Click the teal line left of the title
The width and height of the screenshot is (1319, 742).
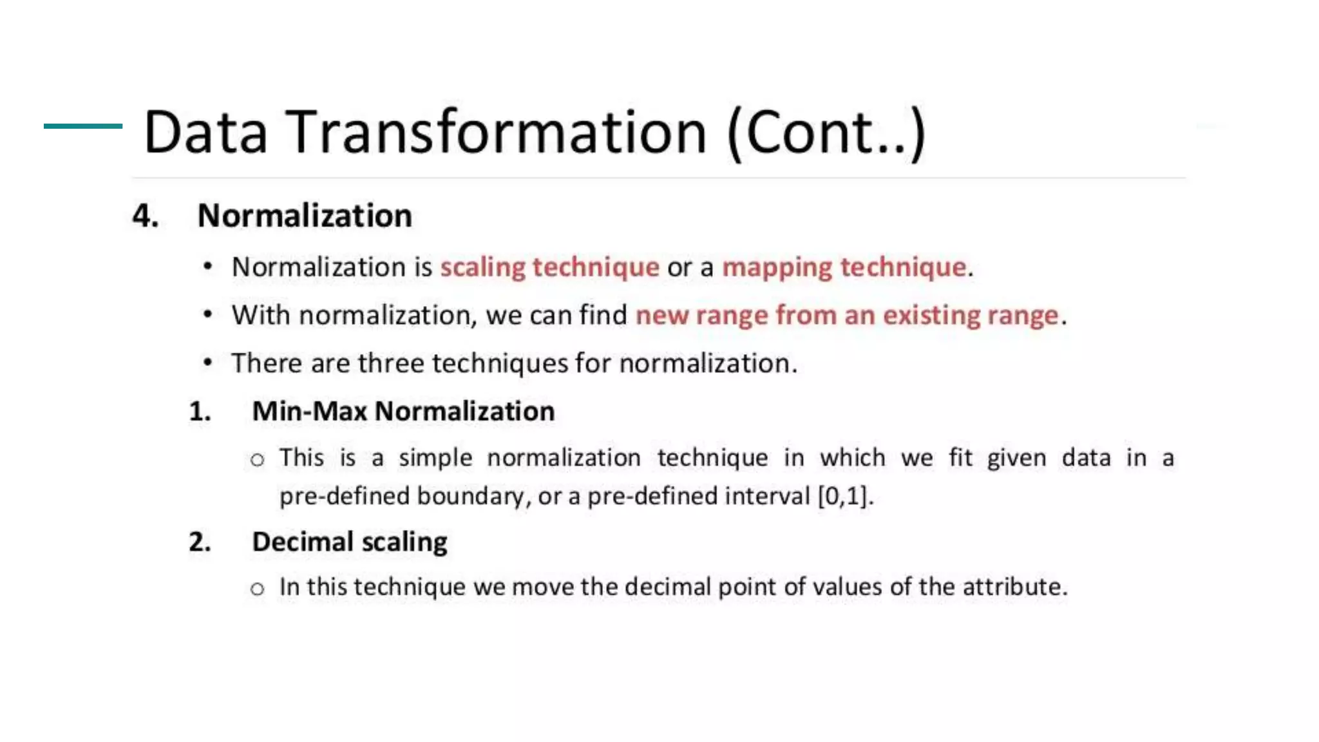point(82,126)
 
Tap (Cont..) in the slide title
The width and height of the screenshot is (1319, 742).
point(826,134)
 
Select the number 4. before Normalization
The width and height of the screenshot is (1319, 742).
point(146,216)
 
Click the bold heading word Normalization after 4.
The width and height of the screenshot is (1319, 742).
point(305,216)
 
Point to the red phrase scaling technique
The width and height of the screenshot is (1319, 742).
point(549,267)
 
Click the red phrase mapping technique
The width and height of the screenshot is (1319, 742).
point(844,267)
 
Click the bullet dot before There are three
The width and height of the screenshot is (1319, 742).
point(207,363)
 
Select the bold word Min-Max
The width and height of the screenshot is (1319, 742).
point(309,412)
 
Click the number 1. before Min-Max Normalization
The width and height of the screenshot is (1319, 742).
point(200,412)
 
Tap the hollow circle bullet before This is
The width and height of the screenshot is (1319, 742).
point(258,460)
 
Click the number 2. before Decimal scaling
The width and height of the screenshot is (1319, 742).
point(200,542)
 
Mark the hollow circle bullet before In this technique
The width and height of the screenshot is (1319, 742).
point(258,589)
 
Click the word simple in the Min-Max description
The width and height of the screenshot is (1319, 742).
point(435,458)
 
